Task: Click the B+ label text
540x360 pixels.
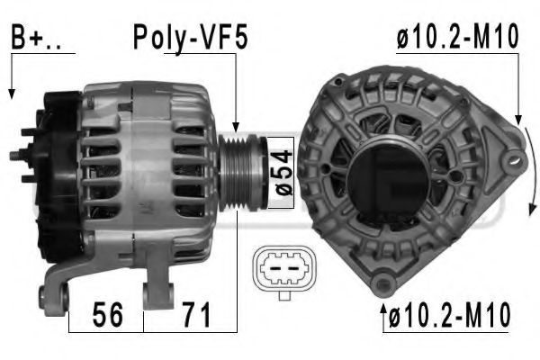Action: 36,37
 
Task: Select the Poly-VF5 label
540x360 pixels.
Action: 191,38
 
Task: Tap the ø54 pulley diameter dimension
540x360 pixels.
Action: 282,172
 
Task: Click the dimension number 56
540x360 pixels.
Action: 107,314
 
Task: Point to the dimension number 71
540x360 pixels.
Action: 196,314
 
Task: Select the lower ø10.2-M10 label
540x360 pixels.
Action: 449,314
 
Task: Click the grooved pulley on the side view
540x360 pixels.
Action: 242,172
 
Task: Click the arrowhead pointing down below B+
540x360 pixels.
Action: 12,94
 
